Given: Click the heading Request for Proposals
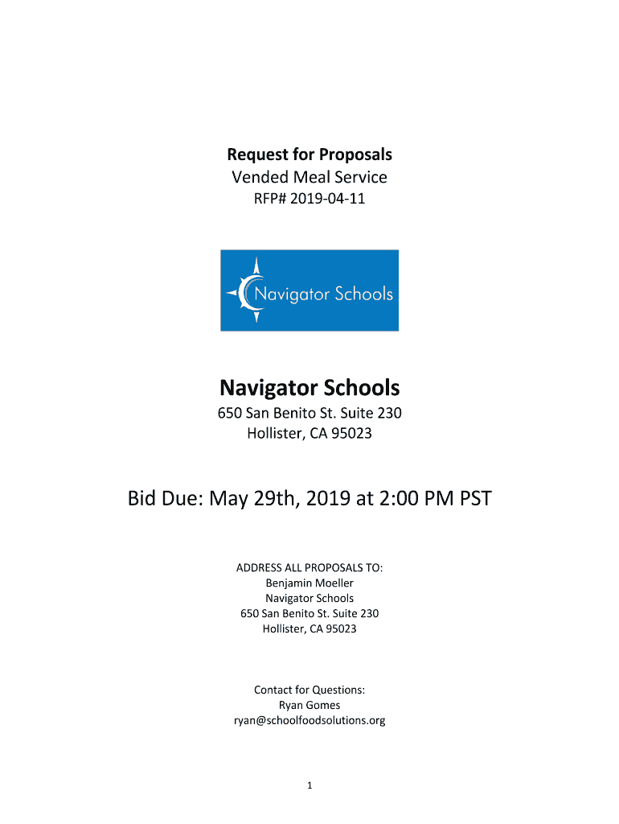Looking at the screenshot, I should (309, 154).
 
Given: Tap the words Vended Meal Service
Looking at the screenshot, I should (309, 177).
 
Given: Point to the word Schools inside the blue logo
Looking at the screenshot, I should (363, 294).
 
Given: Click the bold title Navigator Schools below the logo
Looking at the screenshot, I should (309, 389).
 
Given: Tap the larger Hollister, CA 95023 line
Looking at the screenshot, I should (309, 435).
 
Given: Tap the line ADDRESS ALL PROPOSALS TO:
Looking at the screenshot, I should (309, 568).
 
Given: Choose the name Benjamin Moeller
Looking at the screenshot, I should (309, 583).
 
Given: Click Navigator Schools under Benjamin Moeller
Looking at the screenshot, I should (309, 598).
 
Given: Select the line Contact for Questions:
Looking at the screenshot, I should (309, 690).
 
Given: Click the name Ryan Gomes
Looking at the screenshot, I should (309, 705).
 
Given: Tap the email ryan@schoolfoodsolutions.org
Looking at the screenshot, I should (309, 720).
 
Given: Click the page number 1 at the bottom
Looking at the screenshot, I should (309, 785).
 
